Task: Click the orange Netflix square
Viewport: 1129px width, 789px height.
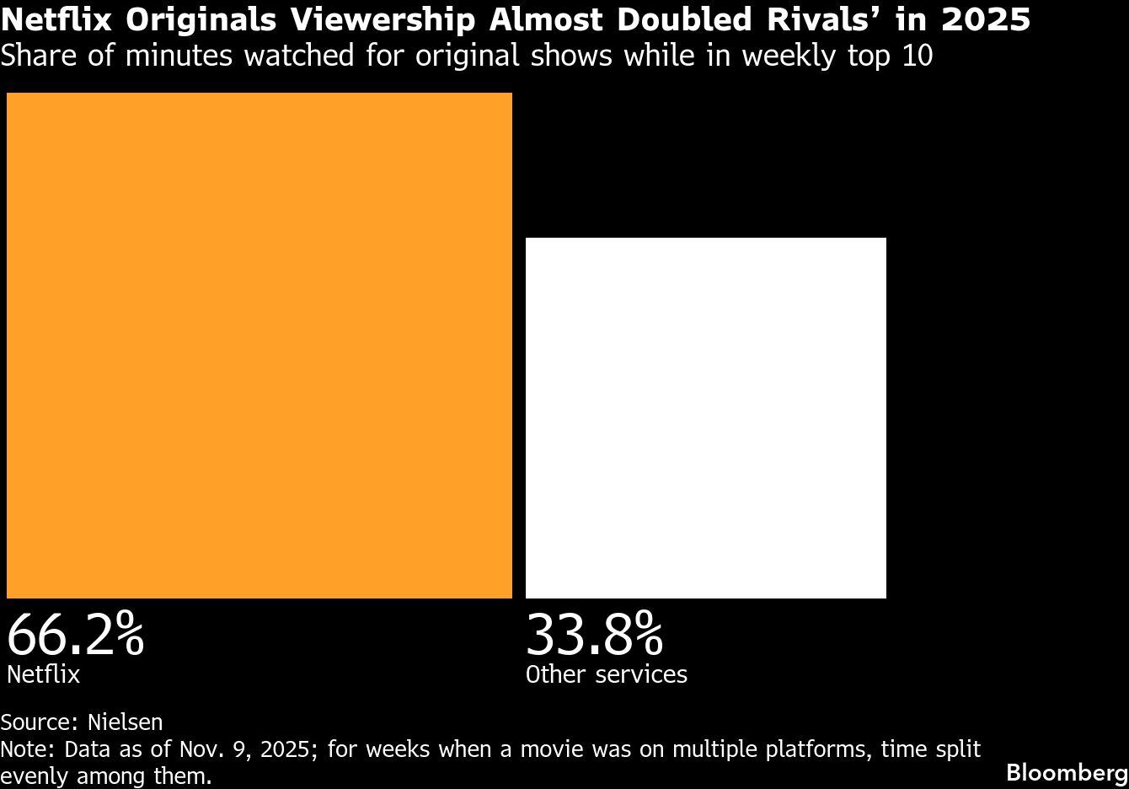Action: point(260,346)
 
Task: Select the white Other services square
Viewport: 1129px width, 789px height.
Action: point(706,418)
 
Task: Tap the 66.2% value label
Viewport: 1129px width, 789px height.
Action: point(76,635)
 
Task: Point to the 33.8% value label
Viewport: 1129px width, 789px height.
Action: point(594,635)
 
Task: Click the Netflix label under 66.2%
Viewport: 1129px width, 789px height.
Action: point(43,674)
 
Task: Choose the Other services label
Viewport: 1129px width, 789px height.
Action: point(607,674)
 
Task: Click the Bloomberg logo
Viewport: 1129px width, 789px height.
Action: point(1067,772)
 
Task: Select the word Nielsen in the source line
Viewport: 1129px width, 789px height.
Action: point(125,722)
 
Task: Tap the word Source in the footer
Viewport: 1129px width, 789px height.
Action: point(39,722)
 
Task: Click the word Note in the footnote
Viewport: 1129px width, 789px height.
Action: point(27,749)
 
